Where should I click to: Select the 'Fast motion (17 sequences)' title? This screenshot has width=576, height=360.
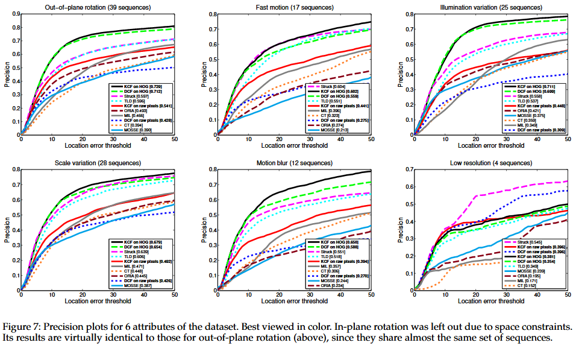click(295, 7)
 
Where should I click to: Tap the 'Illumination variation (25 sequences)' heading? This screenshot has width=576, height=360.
click(491, 7)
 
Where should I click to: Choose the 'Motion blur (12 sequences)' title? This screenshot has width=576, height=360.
click(295, 163)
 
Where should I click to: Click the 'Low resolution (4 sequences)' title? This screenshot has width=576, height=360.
click(491, 163)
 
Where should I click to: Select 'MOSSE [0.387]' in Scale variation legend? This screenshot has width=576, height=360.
click(139, 285)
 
